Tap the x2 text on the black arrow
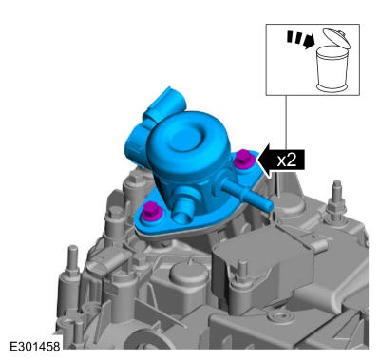click(287, 161)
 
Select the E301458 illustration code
click(34, 347)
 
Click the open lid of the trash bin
click(336, 38)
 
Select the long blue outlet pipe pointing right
click(246, 194)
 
